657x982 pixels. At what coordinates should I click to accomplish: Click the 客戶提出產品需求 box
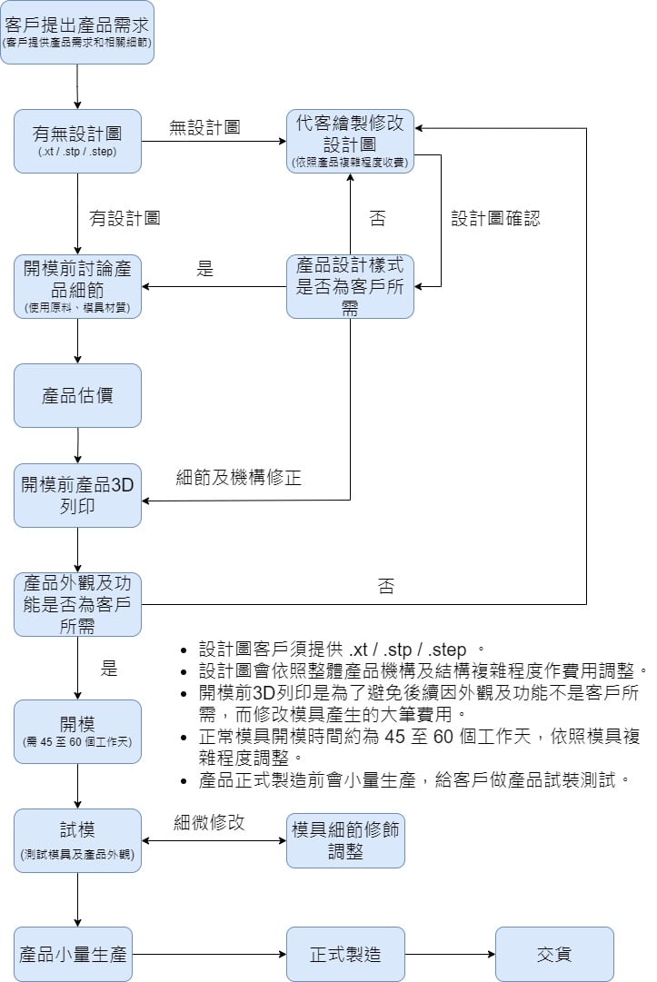tap(77, 32)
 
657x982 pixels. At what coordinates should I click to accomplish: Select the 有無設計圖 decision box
tap(77, 141)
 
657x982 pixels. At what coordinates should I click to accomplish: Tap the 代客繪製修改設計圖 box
tap(350, 141)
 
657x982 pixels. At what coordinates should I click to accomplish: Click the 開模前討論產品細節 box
tap(77, 286)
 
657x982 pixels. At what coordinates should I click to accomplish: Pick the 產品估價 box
tap(77, 395)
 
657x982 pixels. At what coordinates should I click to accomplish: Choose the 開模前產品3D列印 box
tap(77, 495)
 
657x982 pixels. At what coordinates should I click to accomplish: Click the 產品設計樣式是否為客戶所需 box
tap(350, 286)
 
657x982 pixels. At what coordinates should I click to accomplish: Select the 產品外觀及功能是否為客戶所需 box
tap(77, 604)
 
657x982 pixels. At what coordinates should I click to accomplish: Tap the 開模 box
tap(77, 731)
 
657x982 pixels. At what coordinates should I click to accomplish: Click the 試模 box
tap(77, 840)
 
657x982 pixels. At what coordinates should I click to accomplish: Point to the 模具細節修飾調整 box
tap(345, 840)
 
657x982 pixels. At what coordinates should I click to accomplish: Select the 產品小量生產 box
tap(73, 955)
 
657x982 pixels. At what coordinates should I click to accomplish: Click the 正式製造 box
tap(345, 955)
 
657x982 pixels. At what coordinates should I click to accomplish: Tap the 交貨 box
tap(554, 955)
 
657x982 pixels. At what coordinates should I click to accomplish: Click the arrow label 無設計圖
tap(204, 128)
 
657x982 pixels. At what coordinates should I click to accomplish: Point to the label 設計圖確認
tap(497, 219)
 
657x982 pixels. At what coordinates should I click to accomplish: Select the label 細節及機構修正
tap(238, 478)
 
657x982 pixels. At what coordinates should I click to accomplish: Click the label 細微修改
tap(210, 823)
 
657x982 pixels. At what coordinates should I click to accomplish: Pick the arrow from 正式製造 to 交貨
tap(450, 955)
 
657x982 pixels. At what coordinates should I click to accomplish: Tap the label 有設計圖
tap(124, 218)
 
